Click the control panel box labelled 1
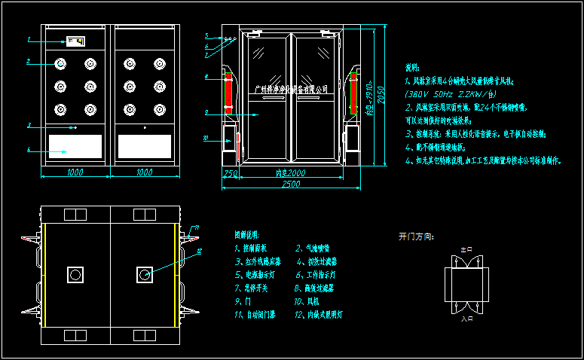click(x=75, y=41)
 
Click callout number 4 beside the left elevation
click(x=28, y=151)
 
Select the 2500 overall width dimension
click(x=286, y=185)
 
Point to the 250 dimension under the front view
click(x=231, y=174)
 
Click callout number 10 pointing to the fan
click(x=206, y=139)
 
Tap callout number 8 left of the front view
click(x=206, y=77)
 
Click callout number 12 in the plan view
click(x=199, y=251)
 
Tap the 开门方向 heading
click(x=416, y=236)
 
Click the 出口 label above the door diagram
click(x=466, y=249)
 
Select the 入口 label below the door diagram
click(x=466, y=319)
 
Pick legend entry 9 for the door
click(x=238, y=301)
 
